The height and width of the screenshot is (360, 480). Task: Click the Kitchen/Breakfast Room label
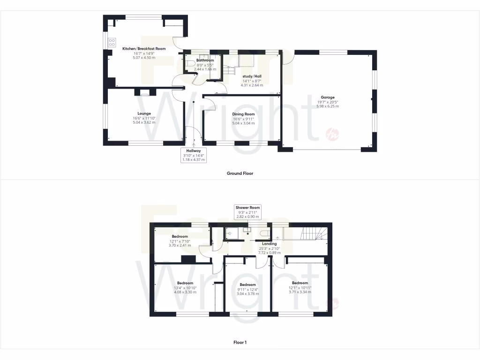(x=144, y=49)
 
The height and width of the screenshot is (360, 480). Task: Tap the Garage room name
(x=328, y=97)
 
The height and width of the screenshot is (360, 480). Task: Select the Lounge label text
(x=144, y=113)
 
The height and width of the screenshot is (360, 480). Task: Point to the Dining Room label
(x=243, y=114)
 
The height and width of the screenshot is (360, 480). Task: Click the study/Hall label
(x=252, y=76)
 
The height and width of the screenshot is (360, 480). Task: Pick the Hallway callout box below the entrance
(x=193, y=155)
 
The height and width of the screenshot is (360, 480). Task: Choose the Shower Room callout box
(x=248, y=212)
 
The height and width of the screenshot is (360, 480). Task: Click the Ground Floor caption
(x=240, y=173)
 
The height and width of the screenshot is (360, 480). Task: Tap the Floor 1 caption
(x=240, y=342)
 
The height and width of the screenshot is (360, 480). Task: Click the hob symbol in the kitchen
(x=112, y=43)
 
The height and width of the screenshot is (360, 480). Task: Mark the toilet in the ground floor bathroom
(x=190, y=64)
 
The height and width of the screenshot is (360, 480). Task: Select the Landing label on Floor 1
(x=269, y=244)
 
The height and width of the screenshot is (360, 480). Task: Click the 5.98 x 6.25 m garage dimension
(x=328, y=106)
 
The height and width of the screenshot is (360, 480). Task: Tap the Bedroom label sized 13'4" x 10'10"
(x=185, y=283)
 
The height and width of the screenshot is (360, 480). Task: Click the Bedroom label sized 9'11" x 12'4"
(x=247, y=285)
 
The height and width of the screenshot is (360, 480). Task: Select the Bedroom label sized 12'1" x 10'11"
(x=300, y=283)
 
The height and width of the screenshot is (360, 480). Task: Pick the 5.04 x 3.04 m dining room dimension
(x=243, y=123)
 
